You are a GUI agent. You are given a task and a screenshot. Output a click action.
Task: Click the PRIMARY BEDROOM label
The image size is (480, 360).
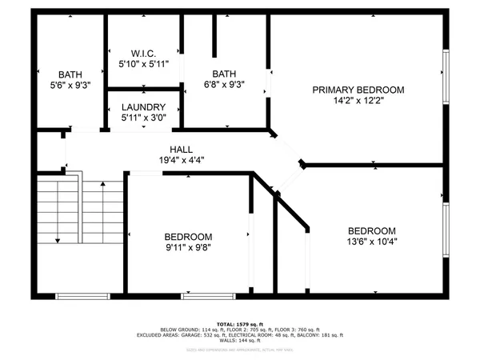tap(358, 90)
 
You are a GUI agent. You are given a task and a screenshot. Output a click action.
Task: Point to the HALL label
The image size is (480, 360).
tap(180, 150)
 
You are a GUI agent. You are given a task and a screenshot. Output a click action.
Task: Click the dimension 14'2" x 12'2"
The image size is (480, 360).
tap(358, 102)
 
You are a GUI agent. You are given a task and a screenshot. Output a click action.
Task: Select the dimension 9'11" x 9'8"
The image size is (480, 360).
tap(188, 248)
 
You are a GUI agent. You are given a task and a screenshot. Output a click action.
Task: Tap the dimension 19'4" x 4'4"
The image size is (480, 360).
tap(180, 161)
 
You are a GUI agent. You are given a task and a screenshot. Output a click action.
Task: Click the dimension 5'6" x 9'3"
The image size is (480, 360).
tap(70, 84)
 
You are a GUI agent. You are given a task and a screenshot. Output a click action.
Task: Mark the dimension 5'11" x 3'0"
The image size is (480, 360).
tap(144, 119)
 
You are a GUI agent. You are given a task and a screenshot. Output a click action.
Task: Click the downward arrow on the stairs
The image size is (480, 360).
tap(58, 238)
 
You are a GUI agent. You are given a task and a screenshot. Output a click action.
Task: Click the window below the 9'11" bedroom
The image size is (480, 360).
tap(197, 295)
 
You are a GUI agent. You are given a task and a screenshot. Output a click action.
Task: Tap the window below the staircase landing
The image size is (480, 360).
tap(82, 295)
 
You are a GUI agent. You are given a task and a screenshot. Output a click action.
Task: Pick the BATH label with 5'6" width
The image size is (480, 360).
tap(70, 73)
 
